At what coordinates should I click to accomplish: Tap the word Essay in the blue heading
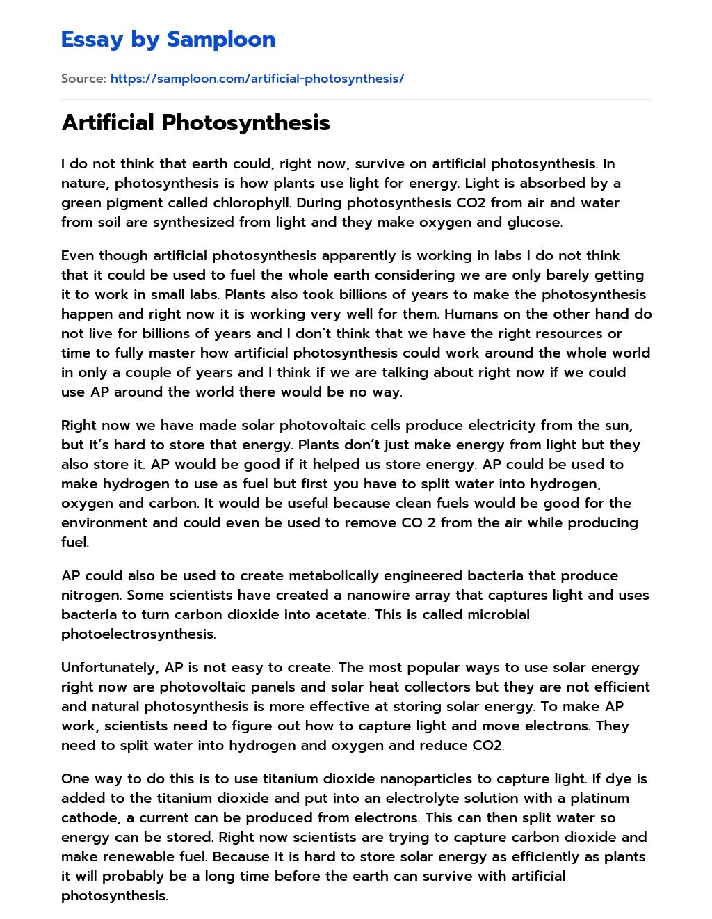tap(92, 40)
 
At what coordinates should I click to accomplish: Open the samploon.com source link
tap(257, 79)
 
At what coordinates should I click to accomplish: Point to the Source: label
tap(83, 79)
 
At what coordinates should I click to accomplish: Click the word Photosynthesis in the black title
tap(245, 122)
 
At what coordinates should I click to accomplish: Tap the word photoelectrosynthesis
tap(138, 634)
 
